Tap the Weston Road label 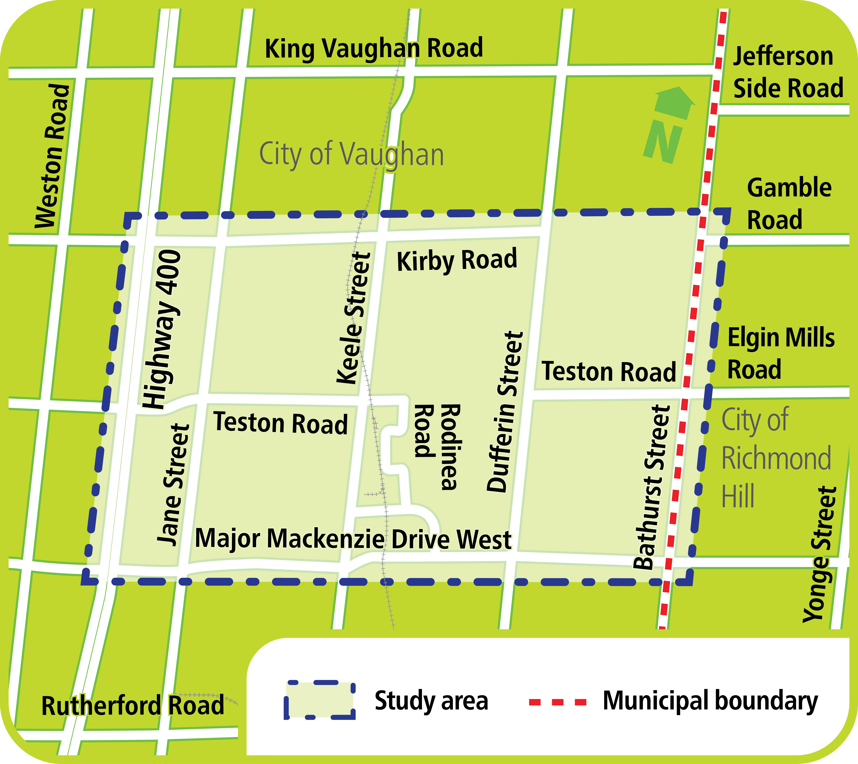pyautogui.click(x=53, y=156)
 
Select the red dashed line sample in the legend pyautogui.click(x=558, y=702)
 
